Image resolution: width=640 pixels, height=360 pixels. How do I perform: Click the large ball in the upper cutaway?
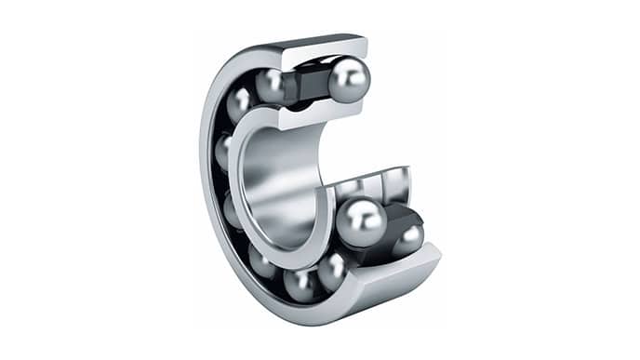click(349, 80)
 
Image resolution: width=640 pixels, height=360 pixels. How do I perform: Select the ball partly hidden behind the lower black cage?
click(407, 240)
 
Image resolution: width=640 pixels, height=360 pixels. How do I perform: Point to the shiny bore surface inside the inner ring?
click(279, 186)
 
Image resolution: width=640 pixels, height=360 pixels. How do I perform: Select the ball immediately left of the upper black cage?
click(271, 86)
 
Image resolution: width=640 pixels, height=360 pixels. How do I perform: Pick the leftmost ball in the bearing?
click(224, 149)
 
